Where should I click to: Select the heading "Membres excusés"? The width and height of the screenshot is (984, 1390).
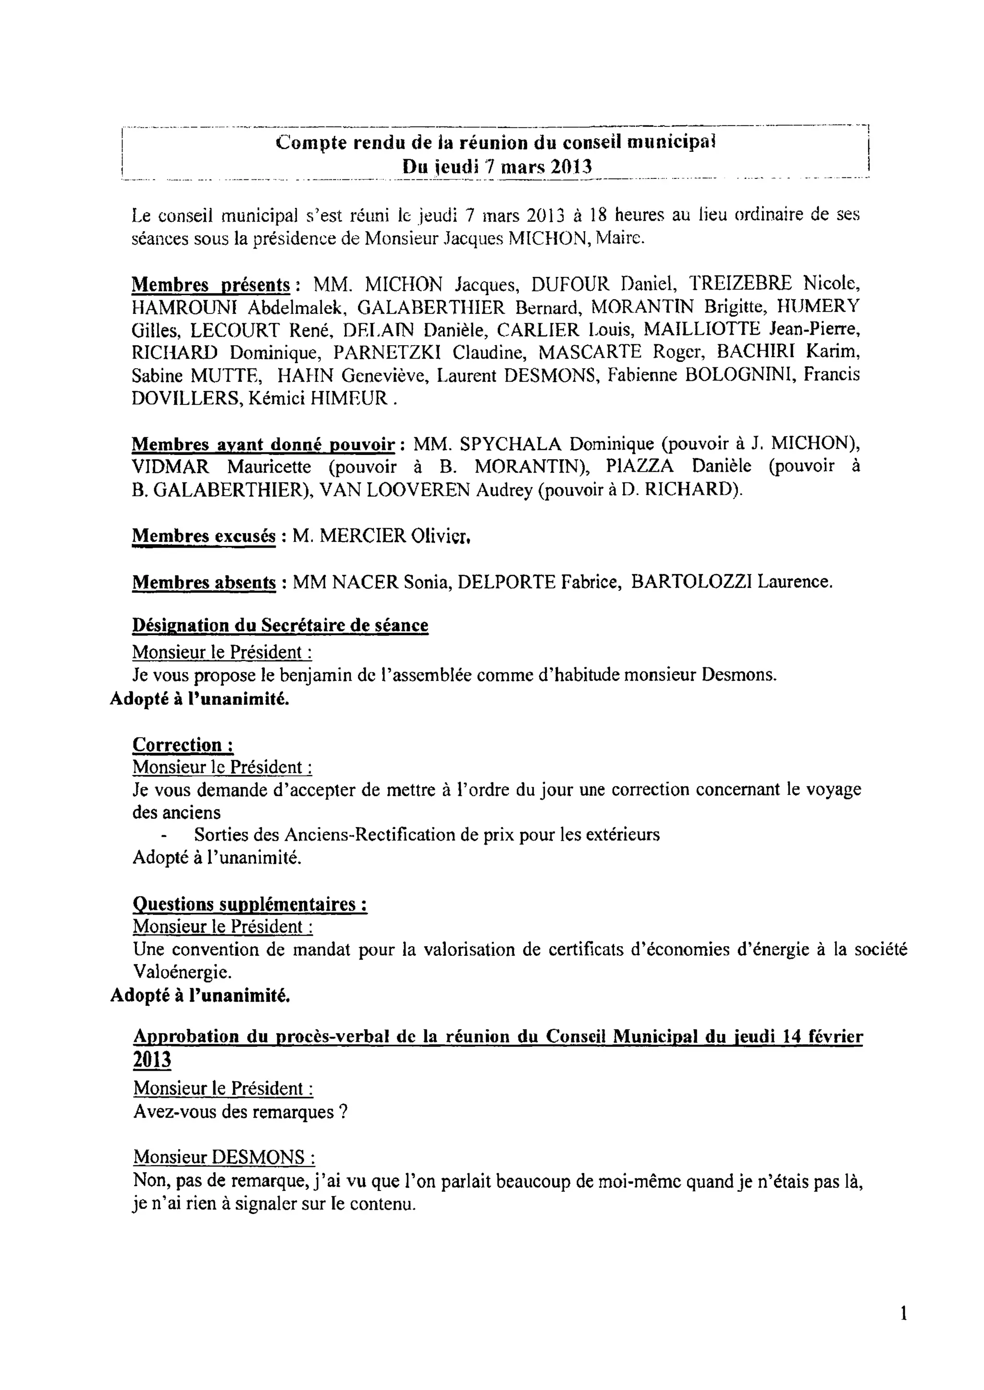coord(204,536)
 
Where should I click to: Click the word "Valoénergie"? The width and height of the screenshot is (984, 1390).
coord(181,972)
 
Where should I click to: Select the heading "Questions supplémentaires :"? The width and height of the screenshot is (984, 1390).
coord(250,904)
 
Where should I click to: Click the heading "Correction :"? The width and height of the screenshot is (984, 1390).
coord(183,744)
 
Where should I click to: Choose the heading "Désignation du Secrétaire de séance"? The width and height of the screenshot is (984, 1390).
coord(280,625)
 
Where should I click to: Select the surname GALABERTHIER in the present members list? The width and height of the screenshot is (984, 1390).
coord(430,307)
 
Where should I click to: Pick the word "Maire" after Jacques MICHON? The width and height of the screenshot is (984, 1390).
coord(619,238)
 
